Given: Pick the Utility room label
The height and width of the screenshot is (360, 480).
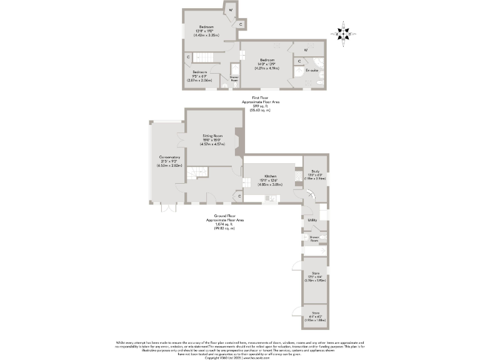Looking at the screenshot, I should pyautogui.click(x=312, y=220).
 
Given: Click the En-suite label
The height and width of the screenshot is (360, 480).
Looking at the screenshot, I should pyautogui.click(x=312, y=71).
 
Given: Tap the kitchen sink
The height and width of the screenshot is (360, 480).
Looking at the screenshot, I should pyautogui.click(x=270, y=198).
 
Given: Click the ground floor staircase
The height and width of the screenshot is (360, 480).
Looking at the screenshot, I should pyautogui.click(x=201, y=172).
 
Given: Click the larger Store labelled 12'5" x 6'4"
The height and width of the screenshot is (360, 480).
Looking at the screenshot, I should pyautogui.click(x=314, y=277).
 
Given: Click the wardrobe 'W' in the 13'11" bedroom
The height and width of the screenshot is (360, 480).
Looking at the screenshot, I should pyautogui.click(x=231, y=10).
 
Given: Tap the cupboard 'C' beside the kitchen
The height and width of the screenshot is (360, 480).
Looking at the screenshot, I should pyautogui.click(x=240, y=196).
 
